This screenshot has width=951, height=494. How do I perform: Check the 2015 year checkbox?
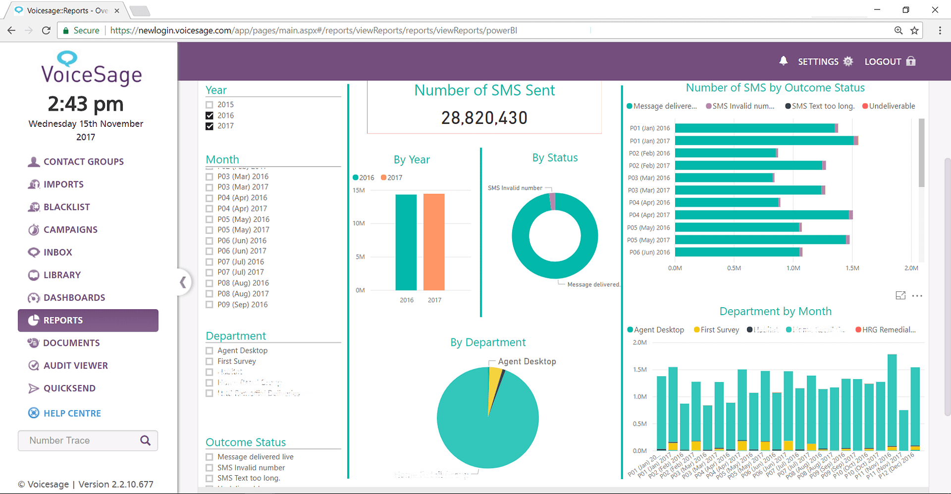coord(210,105)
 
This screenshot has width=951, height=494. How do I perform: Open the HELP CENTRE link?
coord(72,413)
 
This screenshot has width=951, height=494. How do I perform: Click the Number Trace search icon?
coord(145,440)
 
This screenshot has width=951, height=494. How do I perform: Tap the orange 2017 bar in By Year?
coord(434,242)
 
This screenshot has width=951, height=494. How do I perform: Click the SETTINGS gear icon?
coord(848,61)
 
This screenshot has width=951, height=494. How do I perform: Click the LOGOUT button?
coord(890,61)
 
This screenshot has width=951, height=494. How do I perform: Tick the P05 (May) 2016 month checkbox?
coord(210,220)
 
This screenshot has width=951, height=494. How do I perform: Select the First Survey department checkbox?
coord(210,362)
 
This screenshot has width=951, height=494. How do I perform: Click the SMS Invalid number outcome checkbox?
coord(210,468)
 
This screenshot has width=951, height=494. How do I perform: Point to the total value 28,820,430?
coord(484,118)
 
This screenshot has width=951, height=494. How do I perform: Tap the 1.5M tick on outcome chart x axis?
coord(852,268)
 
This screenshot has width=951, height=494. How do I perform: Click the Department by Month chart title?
coord(775,311)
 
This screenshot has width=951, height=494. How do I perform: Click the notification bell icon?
coord(783,61)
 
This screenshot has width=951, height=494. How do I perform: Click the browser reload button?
coord(46,30)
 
